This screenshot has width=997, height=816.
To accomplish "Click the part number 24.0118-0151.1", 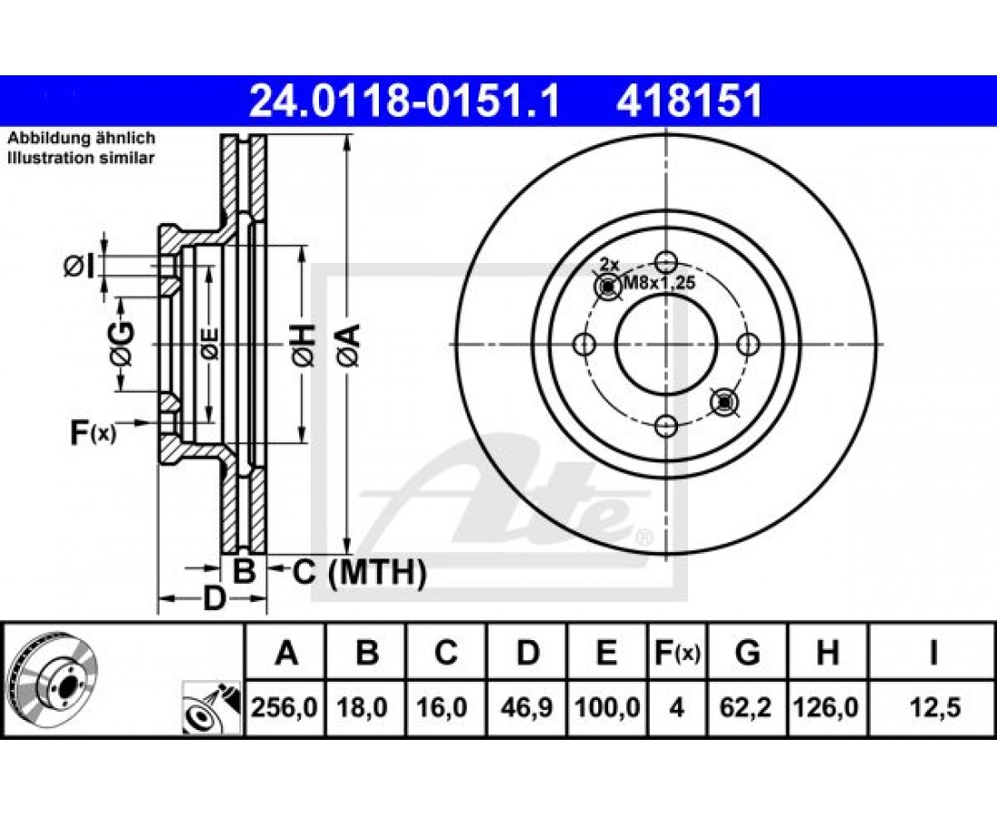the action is pos(404,102).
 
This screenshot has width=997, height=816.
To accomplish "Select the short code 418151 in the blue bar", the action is pos(689,102).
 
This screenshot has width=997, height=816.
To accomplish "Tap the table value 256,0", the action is pos(285,707).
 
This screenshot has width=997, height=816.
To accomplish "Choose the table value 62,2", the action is pos(747,707).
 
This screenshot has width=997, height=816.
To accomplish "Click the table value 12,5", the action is pos(934,707).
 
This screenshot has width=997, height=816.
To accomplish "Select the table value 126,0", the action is pos(827,707).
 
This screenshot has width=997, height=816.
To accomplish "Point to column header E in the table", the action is pos(606,653).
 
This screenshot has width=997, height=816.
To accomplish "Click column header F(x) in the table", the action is pos(677,653).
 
